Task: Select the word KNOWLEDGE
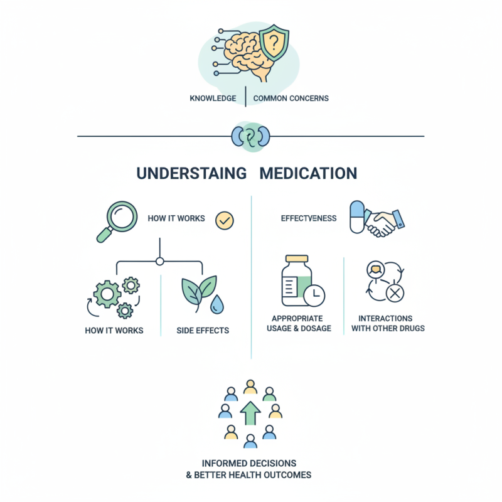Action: pyautogui.click(x=213, y=99)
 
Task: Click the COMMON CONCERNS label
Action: pyautogui.click(x=291, y=99)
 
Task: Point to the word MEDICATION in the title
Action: pyautogui.click(x=308, y=173)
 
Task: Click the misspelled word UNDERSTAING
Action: pyautogui.click(x=191, y=173)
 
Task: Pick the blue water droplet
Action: pyautogui.click(x=216, y=304)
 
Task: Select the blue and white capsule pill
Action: pyautogui.click(x=356, y=217)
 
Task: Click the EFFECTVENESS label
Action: pyautogui.click(x=308, y=218)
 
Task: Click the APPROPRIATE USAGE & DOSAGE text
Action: pyautogui.click(x=301, y=323)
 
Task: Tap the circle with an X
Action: pyautogui.click(x=395, y=293)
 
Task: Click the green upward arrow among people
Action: pyautogui.click(x=250, y=414)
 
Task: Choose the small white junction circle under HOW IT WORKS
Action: pyautogui.click(x=159, y=261)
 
